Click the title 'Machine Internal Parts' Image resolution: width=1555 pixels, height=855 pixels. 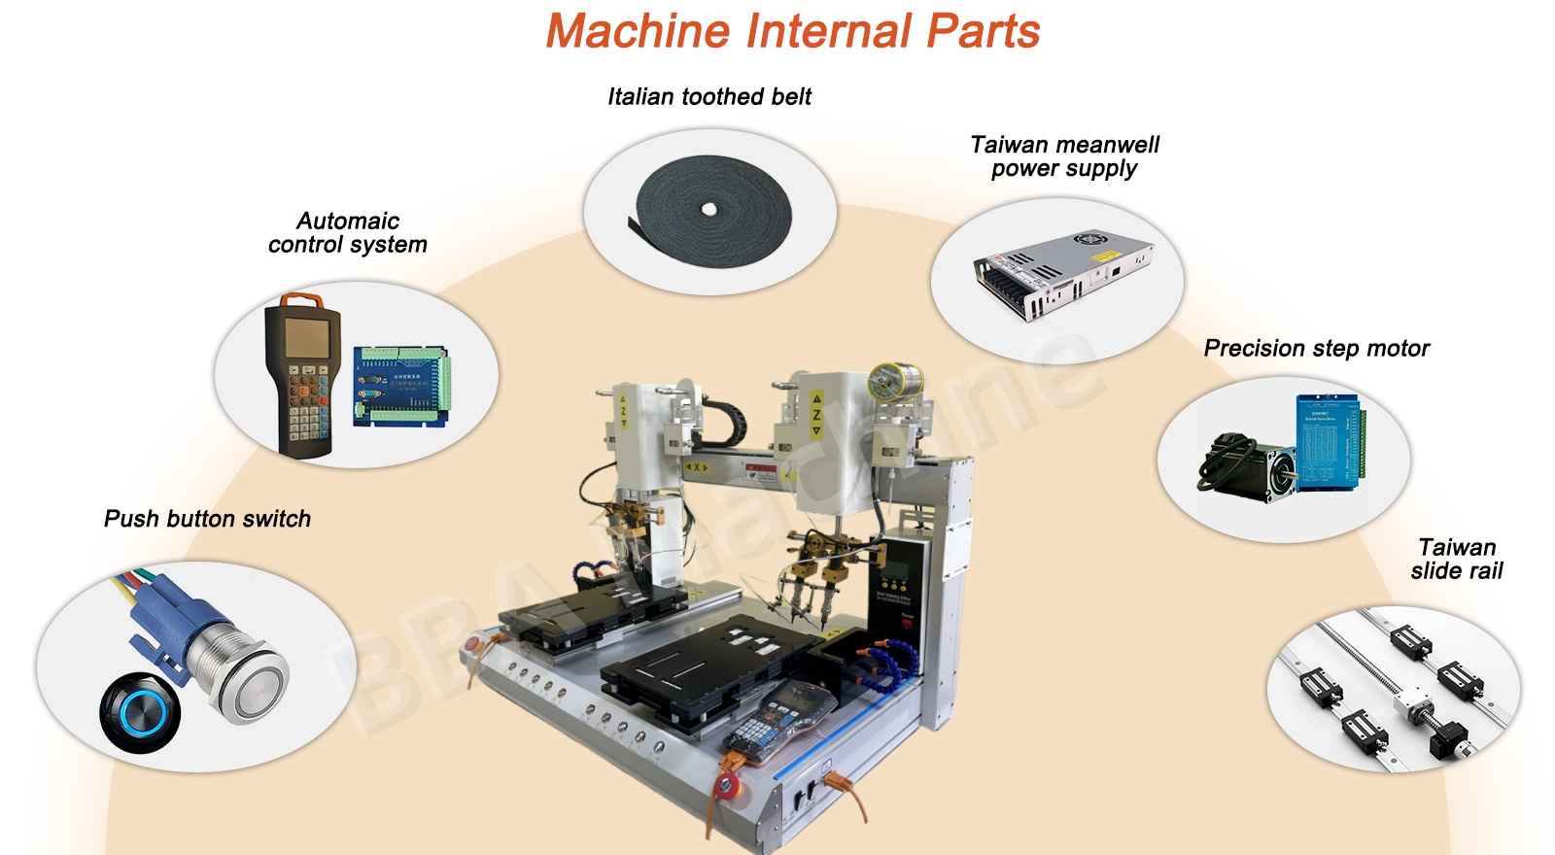point(792,31)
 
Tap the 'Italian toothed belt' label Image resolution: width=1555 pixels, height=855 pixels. point(709,96)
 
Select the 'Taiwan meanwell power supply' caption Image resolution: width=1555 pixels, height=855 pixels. point(1064,156)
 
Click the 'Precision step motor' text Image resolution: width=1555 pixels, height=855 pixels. point(1316,348)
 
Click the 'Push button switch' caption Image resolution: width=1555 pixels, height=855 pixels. point(207,519)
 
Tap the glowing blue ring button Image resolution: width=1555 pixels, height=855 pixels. point(140,711)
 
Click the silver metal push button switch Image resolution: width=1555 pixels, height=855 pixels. point(243,670)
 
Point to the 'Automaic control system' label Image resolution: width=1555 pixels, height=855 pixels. point(347,232)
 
